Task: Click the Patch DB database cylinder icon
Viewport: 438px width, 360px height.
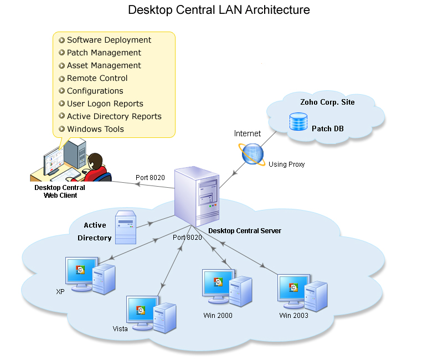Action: coord(298,122)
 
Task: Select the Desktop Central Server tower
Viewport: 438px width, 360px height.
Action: coord(197,197)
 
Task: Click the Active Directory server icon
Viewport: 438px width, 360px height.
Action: coord(126,227)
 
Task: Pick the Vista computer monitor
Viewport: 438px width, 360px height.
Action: coord(141,310)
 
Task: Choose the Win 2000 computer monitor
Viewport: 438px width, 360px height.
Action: coord(218,283)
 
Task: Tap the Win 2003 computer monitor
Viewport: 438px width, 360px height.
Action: coord(293,287)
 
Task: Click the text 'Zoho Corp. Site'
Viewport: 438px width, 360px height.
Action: coord(327,102)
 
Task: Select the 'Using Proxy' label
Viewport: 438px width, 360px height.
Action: coord(286,164)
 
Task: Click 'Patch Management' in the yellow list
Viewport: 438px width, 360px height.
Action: coord(104,53)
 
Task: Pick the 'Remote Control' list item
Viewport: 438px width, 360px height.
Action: coord(97,78)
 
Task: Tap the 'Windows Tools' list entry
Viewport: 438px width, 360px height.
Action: coord(95,129)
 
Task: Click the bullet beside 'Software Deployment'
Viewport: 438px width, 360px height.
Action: coord(62,40)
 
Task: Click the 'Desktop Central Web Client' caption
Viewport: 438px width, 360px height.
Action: coord(60,191)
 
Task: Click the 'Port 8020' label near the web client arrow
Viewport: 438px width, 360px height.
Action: coord(150,178)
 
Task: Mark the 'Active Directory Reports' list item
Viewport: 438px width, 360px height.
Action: coord(114,116)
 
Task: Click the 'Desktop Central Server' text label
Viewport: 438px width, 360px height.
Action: coord(244,230)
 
